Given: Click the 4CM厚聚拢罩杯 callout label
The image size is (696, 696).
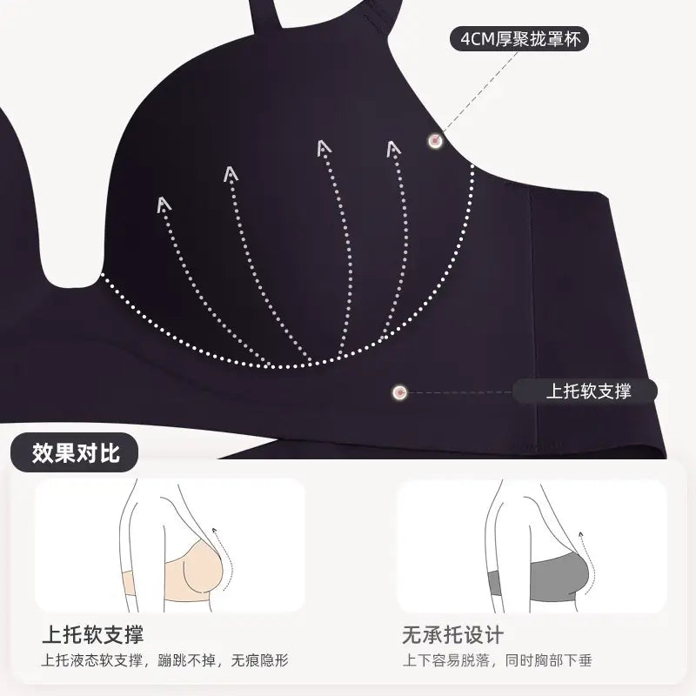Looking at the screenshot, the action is (x=519, y=39).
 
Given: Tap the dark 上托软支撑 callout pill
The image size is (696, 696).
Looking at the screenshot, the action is (x=585, y=391).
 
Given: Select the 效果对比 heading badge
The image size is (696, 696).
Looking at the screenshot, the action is (x=75, y=452).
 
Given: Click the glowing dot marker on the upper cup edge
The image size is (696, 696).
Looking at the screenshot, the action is (x=435, y=141).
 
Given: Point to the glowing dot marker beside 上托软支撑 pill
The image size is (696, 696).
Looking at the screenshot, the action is (x=400, y=392).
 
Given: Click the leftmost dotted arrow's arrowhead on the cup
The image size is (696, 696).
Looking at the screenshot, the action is (x=164, y=204).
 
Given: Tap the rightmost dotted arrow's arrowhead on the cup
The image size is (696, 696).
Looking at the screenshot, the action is (x=393, y=149).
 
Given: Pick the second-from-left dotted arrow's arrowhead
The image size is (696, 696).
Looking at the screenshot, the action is (x=231, y=174).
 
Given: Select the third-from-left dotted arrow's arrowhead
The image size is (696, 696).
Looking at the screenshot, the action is (x=324, y=148).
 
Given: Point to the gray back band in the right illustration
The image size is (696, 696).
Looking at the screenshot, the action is (x=494, y=583).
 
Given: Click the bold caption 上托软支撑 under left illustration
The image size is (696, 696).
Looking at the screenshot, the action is (x=93, y=634).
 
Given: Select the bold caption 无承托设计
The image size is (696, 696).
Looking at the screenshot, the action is (x=452, y=634).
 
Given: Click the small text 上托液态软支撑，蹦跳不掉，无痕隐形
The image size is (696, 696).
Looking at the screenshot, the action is (x=164, y=660).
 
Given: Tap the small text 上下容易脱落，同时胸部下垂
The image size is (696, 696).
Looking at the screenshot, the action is (x=497, y=660).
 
